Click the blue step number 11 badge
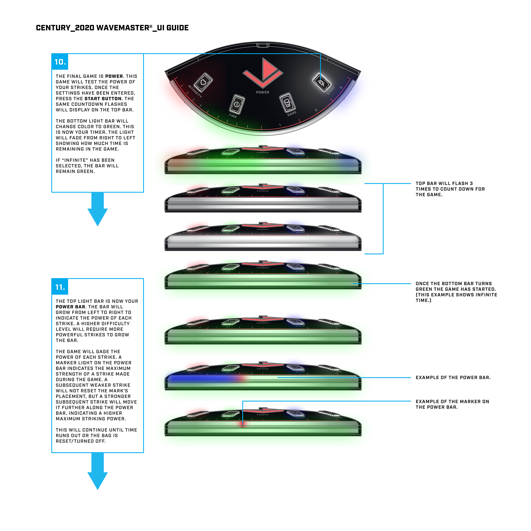coord(60,287)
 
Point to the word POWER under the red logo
coord(262,92)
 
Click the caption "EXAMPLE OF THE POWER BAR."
coord(453,378)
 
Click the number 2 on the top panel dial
coord(316,110)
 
